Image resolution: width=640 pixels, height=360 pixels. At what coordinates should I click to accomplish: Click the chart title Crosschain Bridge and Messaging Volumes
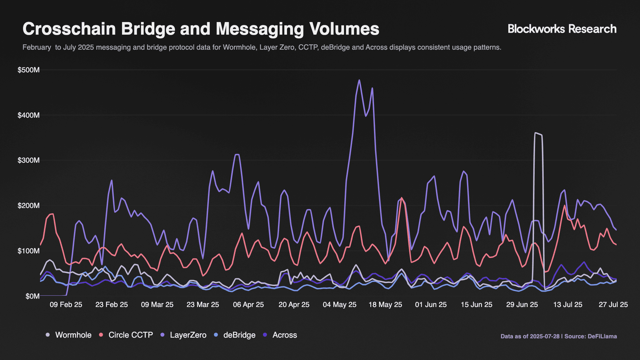coord(201,29)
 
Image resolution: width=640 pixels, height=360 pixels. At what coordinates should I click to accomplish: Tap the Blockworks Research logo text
coord(562,29)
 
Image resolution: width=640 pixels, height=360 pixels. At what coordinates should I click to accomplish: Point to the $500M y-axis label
coord(29,70)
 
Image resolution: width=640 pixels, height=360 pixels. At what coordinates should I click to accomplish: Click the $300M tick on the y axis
coord(29,160)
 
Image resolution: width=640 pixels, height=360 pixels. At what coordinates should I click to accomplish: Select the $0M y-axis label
coord(32,296)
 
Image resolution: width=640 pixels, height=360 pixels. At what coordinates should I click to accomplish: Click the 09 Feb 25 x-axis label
coord(66,305)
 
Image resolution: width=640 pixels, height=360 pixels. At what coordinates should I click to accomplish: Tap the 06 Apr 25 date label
coord(248,305)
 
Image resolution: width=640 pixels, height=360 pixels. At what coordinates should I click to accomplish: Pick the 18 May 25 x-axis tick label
coord(385,305)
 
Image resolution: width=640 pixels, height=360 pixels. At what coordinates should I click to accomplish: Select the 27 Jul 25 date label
coord(613,305)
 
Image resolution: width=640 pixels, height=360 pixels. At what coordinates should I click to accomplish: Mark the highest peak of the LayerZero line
coord(359,80)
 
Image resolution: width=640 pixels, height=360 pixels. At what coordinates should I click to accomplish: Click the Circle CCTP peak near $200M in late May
coord(402,198)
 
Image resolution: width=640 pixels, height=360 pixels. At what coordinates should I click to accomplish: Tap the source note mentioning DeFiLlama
coord(558,336)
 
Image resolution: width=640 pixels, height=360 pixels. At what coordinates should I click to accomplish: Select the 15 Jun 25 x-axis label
coord(476,305)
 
